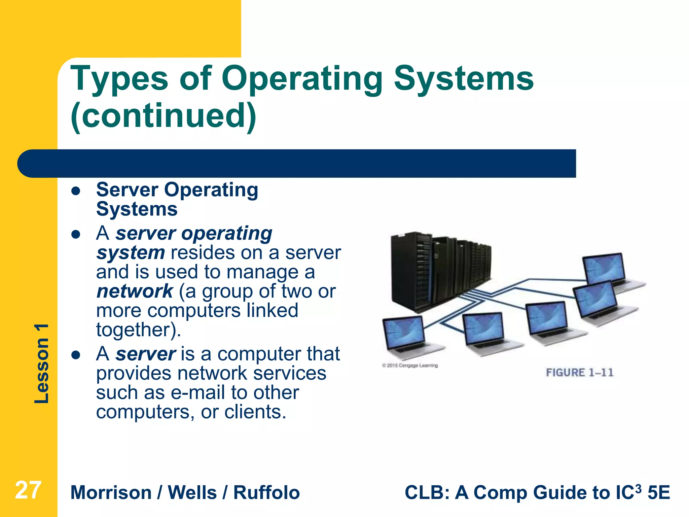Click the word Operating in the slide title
tap(302, 79)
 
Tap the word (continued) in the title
tap(164, 116)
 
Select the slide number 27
tap(28, 490)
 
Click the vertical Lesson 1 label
tap(42, 364)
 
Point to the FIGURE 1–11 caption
tap(579, 373)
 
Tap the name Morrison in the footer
tap(111, 493)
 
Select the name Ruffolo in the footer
tap(266, 493)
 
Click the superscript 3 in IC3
tap(638, 487)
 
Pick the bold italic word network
tap(135, 291)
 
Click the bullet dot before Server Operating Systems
tap(76, 191)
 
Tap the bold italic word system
tap(130, 253)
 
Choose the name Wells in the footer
tap(192, 493)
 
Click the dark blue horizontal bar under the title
tap(296, 164)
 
